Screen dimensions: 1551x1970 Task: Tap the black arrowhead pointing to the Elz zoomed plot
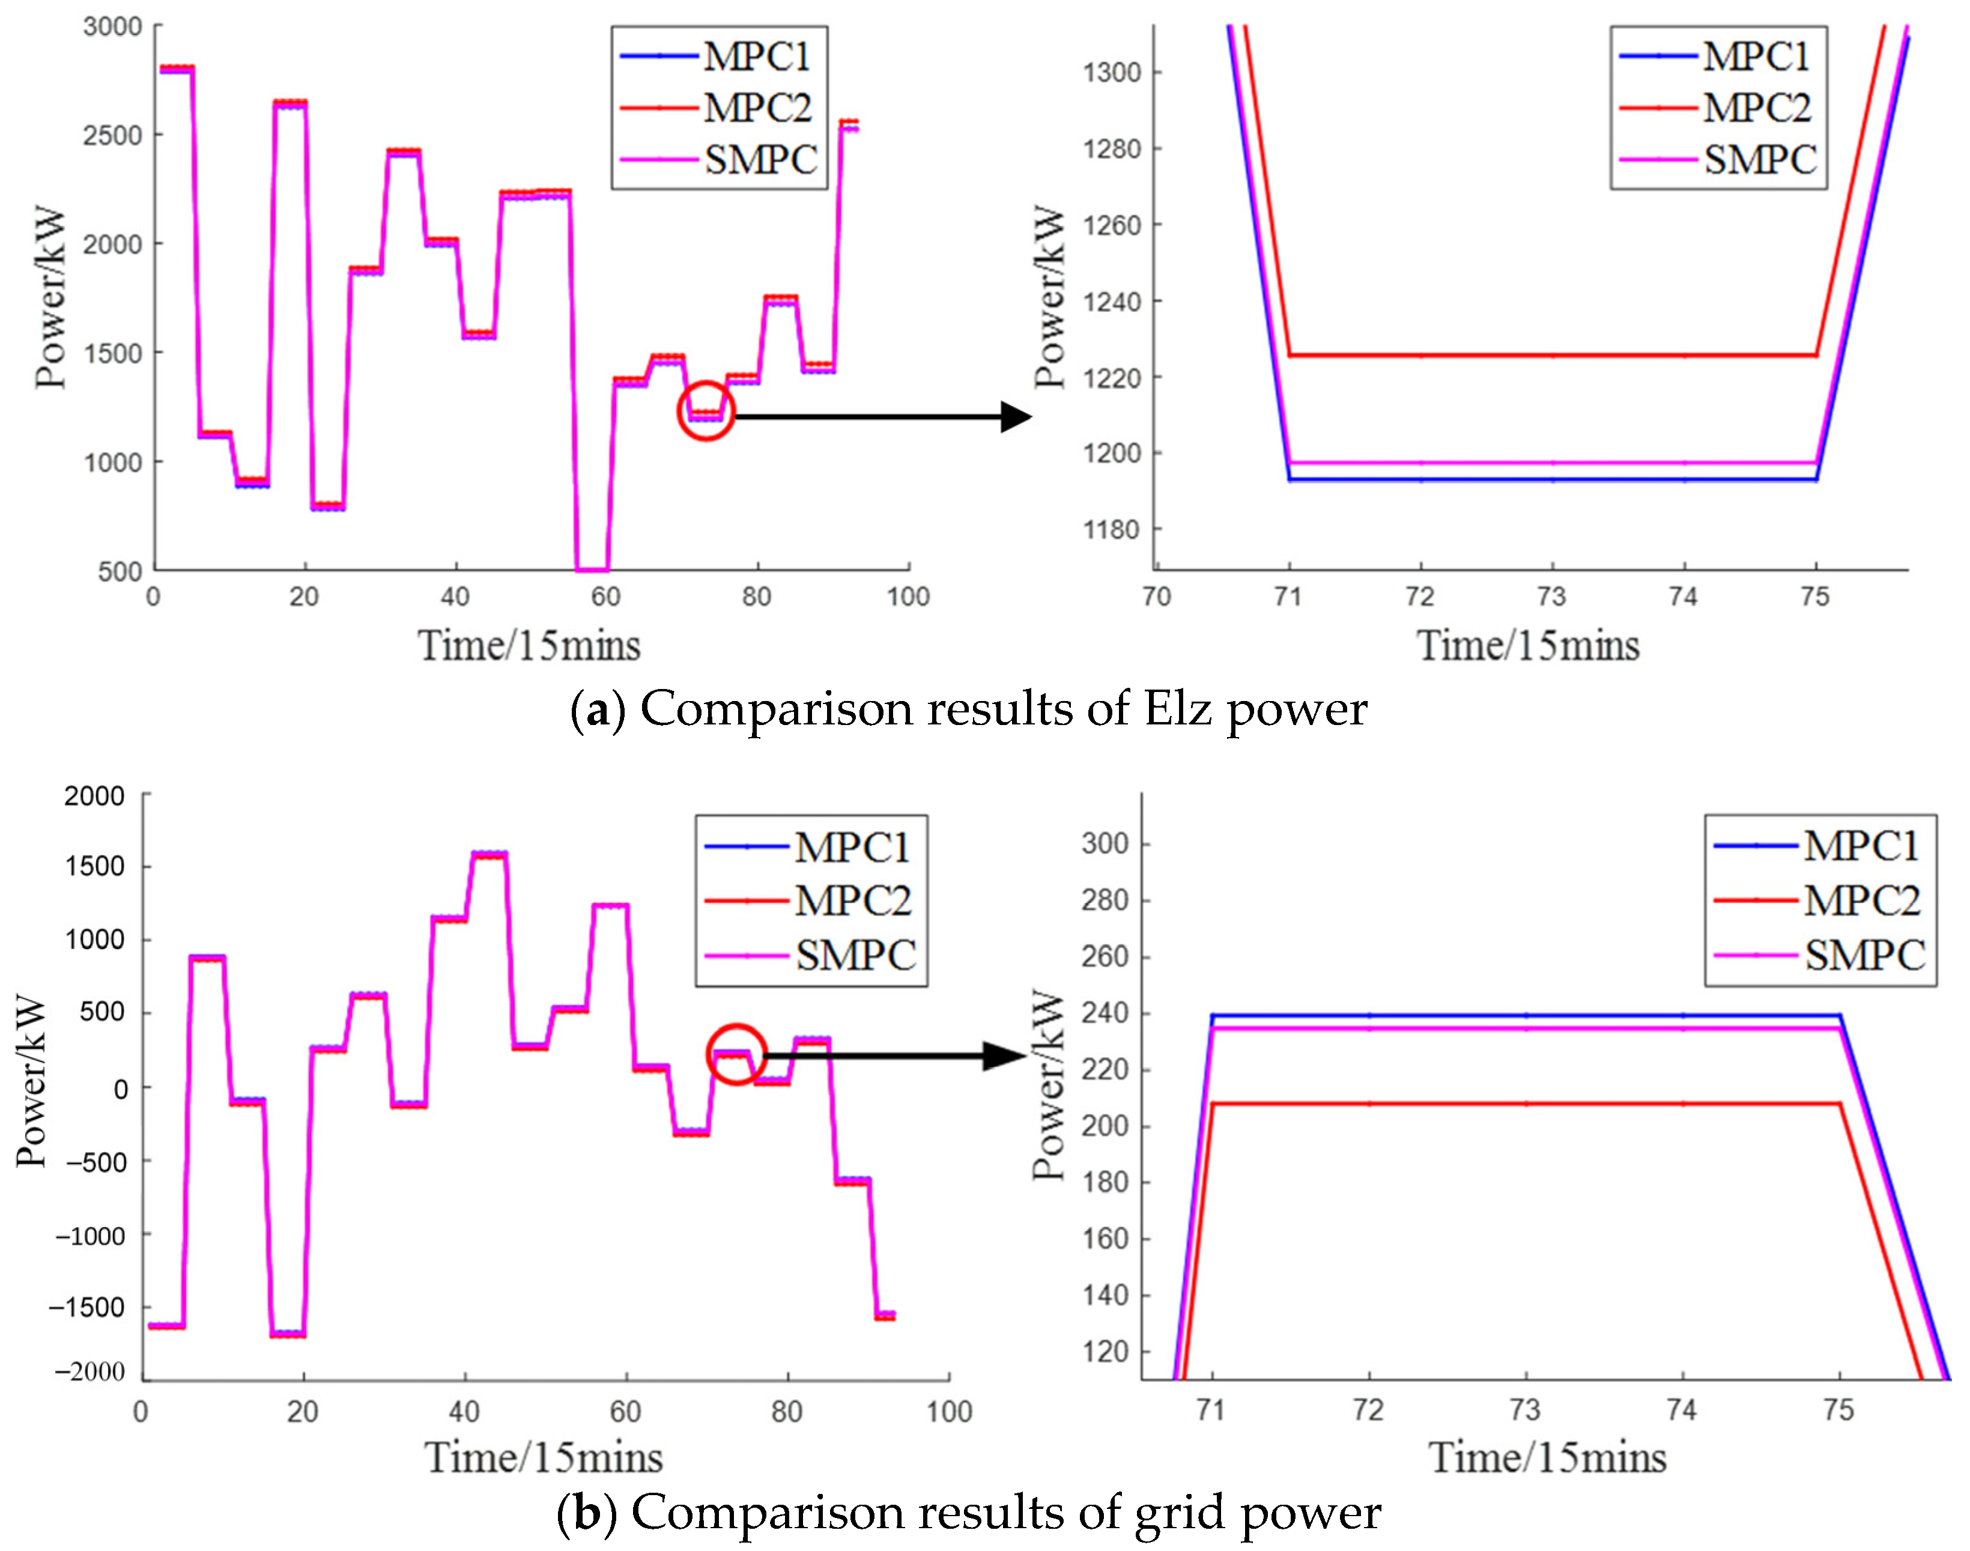(1016, 417)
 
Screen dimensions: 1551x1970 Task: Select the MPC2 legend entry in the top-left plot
(756, 108)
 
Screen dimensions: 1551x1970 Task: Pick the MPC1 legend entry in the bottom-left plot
(850, 847)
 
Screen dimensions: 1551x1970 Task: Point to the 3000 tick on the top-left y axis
(112, 26)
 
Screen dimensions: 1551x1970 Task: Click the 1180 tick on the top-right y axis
(1111, 529)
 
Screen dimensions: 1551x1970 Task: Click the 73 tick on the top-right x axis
(1551, 596)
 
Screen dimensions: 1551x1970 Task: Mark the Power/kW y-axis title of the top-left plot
(52, 299)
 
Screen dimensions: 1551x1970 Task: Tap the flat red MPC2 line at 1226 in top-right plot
(1553, 355)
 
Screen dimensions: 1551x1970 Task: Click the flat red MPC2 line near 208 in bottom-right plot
(1525, 1103)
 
